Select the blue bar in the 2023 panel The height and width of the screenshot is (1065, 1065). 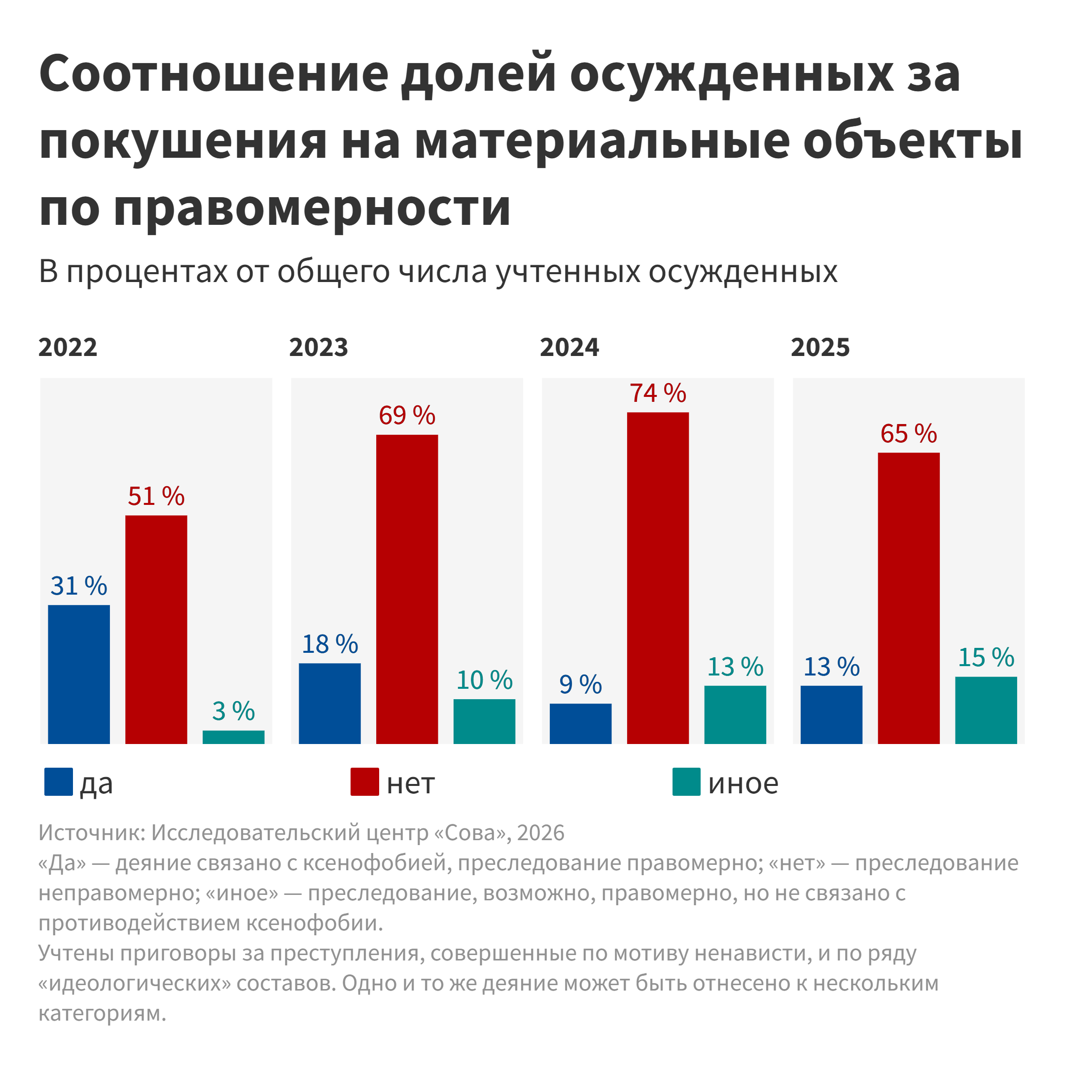point(330,704)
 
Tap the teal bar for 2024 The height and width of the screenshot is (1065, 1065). point(735,714)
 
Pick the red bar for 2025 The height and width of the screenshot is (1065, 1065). point(908,598)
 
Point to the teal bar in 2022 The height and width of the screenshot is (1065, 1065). point(233,737)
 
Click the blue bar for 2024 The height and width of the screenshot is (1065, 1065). point(580,724)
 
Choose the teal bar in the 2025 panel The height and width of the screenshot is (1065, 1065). point(986,710)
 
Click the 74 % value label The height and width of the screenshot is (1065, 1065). point(658,393)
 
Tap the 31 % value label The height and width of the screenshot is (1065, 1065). point(79,585)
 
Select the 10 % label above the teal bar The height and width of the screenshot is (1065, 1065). point(484,680)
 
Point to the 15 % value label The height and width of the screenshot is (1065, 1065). point(986,657)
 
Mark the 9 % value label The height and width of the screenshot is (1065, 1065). point(580,684)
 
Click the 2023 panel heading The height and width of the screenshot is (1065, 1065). point(319,347)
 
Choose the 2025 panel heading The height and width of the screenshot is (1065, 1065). point(820,347)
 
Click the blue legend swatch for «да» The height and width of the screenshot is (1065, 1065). point(59,781)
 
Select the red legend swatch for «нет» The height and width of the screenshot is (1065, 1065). point(364,781)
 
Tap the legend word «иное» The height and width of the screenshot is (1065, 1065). point(743,783)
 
